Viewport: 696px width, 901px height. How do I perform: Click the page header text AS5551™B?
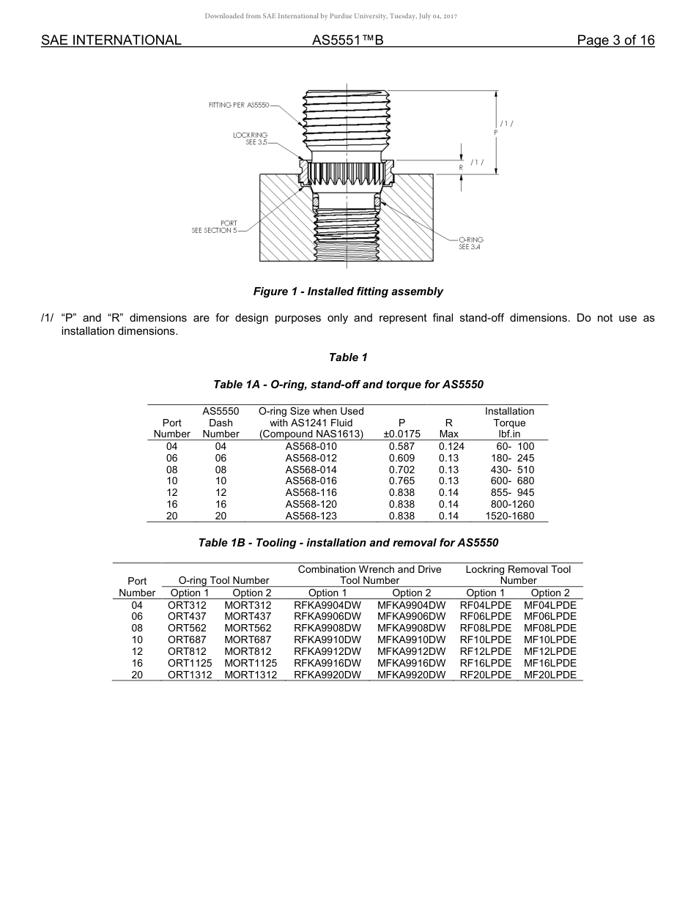[347, 40]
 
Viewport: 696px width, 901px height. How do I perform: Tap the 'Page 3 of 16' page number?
[615, 40]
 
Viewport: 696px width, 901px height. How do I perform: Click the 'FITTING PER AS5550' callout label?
[239, 105]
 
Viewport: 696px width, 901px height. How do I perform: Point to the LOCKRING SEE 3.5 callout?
[251, 138]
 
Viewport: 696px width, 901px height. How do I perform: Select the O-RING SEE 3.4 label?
[470, 243]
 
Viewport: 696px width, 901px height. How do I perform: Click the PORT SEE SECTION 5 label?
[214, 227]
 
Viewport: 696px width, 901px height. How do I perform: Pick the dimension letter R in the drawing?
[461, 168]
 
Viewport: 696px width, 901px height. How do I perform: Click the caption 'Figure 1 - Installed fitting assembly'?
[348, 292]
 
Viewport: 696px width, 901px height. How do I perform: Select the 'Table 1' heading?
[348, 357]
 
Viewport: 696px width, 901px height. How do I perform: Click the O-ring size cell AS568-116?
[311, 493]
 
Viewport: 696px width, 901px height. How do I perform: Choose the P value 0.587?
[401, 446]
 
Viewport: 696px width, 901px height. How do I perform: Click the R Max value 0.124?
[451, 446]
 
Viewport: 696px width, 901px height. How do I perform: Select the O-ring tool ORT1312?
[190, 675]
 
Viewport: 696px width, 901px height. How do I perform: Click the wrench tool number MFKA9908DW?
[411, 628]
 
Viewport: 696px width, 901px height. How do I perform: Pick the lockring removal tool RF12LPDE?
[485, 651]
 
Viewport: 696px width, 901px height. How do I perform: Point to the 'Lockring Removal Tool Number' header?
[518, 574]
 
